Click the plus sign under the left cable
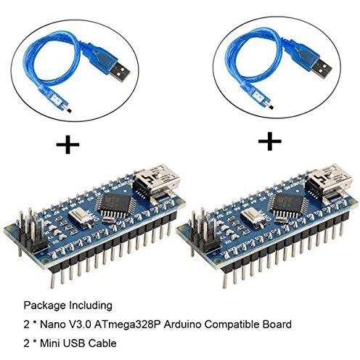coord(67,144)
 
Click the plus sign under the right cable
coord(270,141)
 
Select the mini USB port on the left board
coord(157,181)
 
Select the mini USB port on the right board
coord(329,181)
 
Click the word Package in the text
coord(45,306)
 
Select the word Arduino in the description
coord(182,324)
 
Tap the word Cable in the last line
coord(102,343)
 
